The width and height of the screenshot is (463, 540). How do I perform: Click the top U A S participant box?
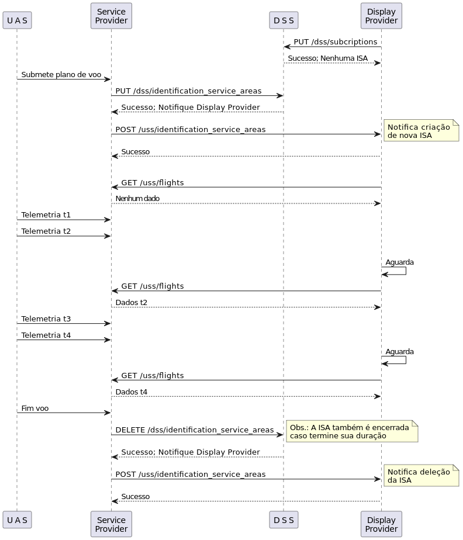pyautogui.click(x=17, y=20)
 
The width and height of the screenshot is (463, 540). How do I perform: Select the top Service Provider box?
pyautogui.click(x=111, y=16)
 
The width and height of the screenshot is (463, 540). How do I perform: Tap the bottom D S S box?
pyautogui.click(x=284, y=520)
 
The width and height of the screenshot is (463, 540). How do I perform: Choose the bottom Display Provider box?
pyautogui.click(x=381, y=524)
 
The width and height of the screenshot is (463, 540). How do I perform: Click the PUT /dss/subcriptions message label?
pyautogui.click(x=335, y=41)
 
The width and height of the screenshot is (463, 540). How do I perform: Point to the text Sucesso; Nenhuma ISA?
pyautogui.click(x=327, y=58)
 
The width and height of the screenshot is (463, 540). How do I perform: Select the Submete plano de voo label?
pyautogui.click(x=61, y=74)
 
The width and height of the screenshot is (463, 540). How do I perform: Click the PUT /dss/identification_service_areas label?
pyautogui.click(x=188, y=91)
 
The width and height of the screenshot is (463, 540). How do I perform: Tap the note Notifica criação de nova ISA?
pyautogui.click(x=421, y=131)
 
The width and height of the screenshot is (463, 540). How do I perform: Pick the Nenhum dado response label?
pyautogui.click(x=137, y=198)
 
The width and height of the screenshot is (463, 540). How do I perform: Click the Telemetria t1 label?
pyautogui.click(x=46, y=215)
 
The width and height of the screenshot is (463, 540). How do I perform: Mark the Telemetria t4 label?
pyautogui.click(x=46, y=335)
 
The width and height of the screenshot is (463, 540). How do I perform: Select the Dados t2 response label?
pyautogui.click(x=132, y=302)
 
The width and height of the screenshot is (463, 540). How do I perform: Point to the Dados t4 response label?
pyautogui.click(x=132, y=392)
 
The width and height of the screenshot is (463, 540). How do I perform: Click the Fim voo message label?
pyautogui.click(x=35, y=408)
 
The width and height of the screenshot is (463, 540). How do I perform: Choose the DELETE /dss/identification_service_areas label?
pyautogui.click(x=195, y=430)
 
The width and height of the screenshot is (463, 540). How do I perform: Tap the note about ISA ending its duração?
pyautogui.click(x=352, y=431)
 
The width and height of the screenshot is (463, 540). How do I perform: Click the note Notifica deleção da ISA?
pyautogui.click(x=421, y=476)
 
